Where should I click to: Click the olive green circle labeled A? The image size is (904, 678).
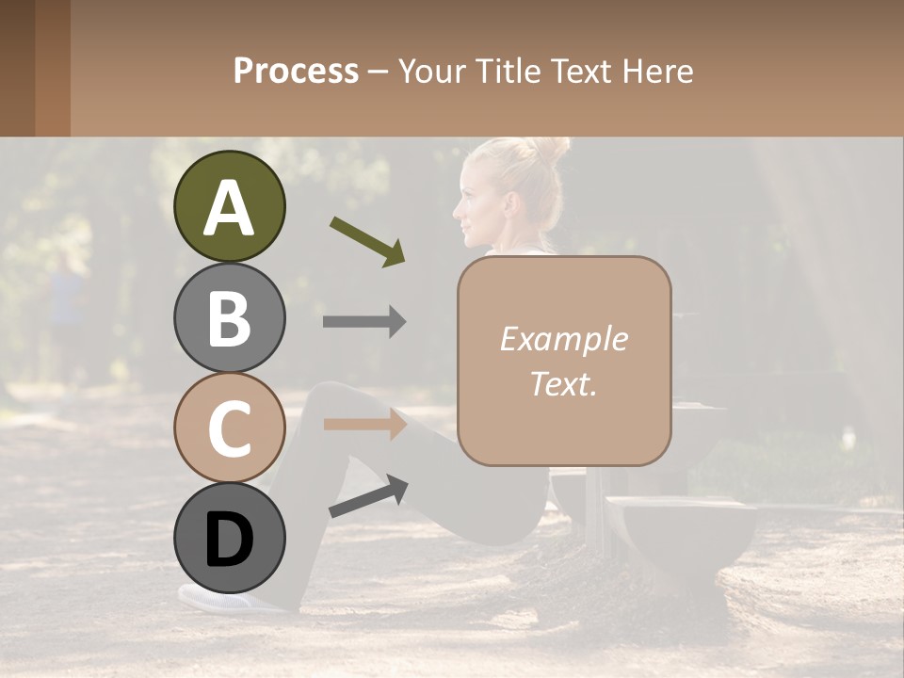pos(229,206)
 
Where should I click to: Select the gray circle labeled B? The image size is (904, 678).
pos(229,317)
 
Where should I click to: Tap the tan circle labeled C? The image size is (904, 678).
pos(229,428)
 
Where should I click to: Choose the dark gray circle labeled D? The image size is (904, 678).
pos(229,539)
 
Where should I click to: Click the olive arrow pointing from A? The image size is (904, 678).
pos(367,241)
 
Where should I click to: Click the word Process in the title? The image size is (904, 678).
pos(296,71)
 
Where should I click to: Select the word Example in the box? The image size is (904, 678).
pos(563,340)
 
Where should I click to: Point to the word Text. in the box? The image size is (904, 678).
pos(563,383)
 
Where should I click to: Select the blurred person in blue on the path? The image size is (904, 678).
pos(66,301)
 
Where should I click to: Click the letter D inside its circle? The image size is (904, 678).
pos(229,541)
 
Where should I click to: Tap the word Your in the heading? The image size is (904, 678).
pos(429,71)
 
